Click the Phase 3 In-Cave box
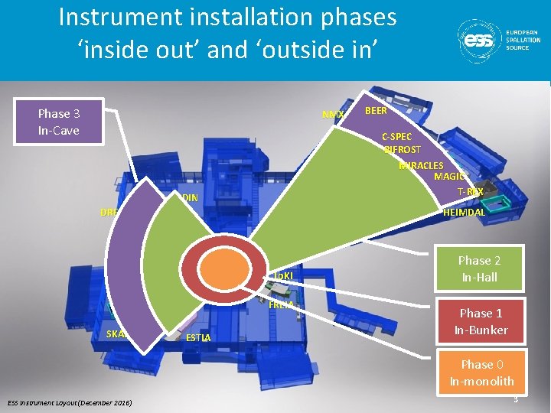pyautogui.click(x=60, y=122)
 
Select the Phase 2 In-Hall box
pyautogui.click(x=479, y=268)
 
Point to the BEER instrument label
pyautogui.click(x=376, y=111)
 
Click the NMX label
pyautogui.click(x=333, y=115)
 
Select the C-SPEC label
pyautogui.click(x=397, y=137)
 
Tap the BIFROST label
pyautogui.click(x=403, y=150)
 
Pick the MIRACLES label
pyautogui.click(x=421, y=165)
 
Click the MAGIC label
pyautogui.click(x=448, y=177)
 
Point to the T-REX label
pyautogui.click(x=470, y=191)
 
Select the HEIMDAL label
pyautogui.click(x=464, y=213)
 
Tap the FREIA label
pyautogui.click(x=282, y=305)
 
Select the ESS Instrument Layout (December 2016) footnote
pyautogui.click(x=70, y=402)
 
